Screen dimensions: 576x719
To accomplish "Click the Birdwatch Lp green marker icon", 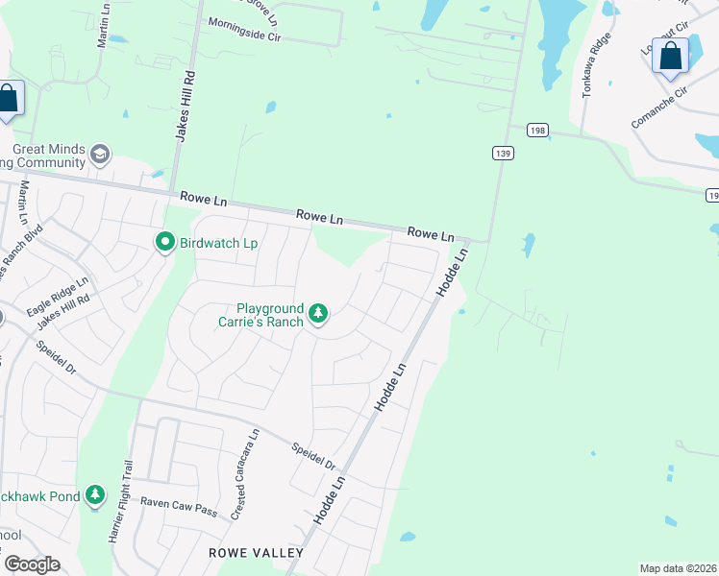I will click(165, 243).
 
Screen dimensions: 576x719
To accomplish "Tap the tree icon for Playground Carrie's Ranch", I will click(318, 313).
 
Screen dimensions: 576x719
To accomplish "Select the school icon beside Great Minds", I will click(99, 154).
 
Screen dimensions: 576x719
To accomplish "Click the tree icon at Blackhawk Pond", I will click(94, 495).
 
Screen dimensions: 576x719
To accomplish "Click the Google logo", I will click(32, 564).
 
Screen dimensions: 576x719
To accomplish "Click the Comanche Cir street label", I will click(660, 108).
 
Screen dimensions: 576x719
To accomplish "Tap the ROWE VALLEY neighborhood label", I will click(256, 553).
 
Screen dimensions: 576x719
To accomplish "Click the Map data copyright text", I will click(678, 567).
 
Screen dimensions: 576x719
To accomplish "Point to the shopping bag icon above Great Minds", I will click(8, 98).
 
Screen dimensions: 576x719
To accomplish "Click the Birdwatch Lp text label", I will click(218, 244).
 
